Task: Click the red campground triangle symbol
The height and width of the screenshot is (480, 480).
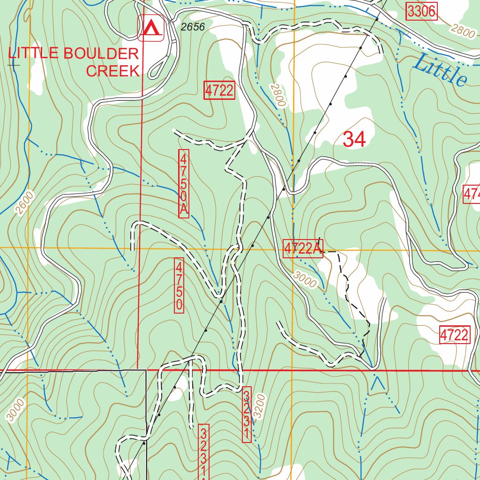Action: coord(150,29)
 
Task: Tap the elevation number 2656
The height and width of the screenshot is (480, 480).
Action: coord(193,27)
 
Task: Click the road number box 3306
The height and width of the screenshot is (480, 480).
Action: coord(421,12)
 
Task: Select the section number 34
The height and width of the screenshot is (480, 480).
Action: coord(354,139)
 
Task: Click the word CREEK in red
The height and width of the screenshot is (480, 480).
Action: coord(113,71)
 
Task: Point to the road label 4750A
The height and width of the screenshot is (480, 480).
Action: coord(184,183)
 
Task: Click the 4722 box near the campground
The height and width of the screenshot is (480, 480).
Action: coord(219,90)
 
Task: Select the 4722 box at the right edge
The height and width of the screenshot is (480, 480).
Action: coord(454,335)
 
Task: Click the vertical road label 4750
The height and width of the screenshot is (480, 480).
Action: coord(179,285)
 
